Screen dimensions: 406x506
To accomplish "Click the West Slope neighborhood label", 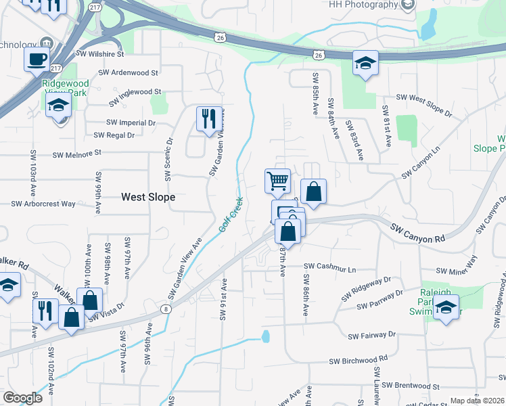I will [148, 197].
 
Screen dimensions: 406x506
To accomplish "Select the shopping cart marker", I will [277, 181].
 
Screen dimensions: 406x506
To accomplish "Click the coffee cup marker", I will [37, 59].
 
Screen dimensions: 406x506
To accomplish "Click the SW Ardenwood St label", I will [128, 72].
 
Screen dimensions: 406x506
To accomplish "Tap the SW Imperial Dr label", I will [131, 123].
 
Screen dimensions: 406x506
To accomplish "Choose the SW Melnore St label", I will [76, 154].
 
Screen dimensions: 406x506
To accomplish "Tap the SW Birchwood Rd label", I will [359, 361].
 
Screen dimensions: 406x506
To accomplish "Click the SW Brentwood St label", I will [410, 386].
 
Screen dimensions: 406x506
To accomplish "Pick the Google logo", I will [22, 398].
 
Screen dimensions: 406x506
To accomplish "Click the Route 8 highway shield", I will [166, 309].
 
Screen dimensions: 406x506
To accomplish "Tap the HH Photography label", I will [363, 5].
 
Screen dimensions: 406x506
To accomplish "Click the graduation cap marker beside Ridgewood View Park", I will [59, 106].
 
